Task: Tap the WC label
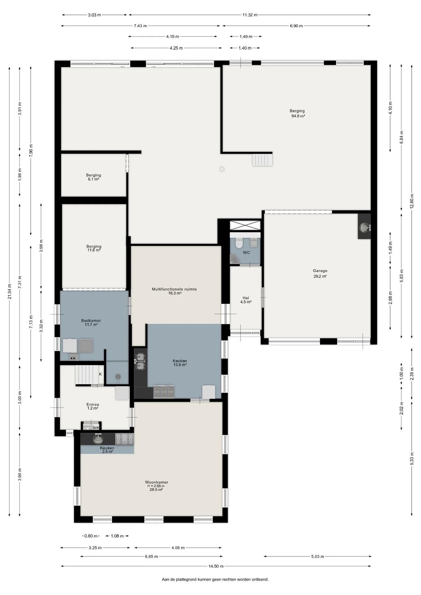[246, 253]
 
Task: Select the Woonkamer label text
[157, 482]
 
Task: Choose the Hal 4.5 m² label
[246, 300]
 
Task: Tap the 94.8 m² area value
[298, 116]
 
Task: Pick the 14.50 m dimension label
[216, 566]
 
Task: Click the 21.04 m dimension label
[10, 292]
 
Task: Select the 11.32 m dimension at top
[250, 15]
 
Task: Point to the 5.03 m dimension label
[317, 557]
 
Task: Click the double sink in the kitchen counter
[140, 361]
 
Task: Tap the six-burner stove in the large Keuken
[164, 392]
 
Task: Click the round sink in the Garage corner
[365, 228]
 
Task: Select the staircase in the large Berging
[262, 160]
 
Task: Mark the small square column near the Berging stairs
[222, 169]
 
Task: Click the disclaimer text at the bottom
[215, 579]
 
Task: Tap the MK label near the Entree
[96, 428]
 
